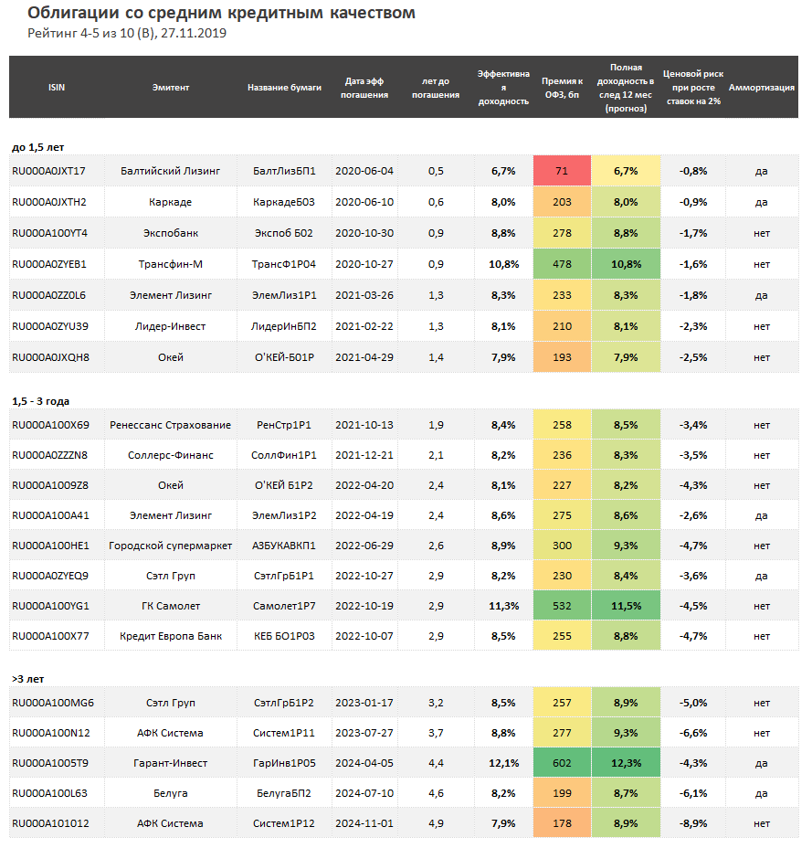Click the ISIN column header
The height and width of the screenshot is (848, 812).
click(57, 88)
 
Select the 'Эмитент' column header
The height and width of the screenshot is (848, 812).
click(171, 88)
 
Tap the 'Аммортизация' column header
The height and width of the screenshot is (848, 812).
click(761, 88)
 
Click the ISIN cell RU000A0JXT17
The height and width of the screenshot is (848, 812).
click(48, 171)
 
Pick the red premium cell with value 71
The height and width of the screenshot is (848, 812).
click(561, 171)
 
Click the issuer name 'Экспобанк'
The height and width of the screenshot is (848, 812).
click(170, 233)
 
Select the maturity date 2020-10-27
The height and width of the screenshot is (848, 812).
click(364, 264)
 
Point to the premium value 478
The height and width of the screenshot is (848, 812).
click(561, 264)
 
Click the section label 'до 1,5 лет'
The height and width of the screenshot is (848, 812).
click(37, 146)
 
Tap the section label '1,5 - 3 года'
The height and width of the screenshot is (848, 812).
click(40, 401)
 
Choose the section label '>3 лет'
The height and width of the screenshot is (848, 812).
click(27, 679)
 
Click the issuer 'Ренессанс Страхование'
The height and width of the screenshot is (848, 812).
click(170, 425)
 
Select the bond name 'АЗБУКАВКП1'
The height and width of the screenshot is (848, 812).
click(284, 546)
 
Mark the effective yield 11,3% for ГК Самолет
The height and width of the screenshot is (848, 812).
click(504, 606)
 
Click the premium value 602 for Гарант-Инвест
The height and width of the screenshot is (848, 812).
click(561, 763)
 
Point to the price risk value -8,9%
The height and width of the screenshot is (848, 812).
click(693, 823)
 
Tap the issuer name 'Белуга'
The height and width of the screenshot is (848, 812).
click(170, 793)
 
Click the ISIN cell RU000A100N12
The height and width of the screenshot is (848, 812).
click(49, 733)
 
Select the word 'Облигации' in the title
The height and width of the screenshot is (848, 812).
click(72, 13)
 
